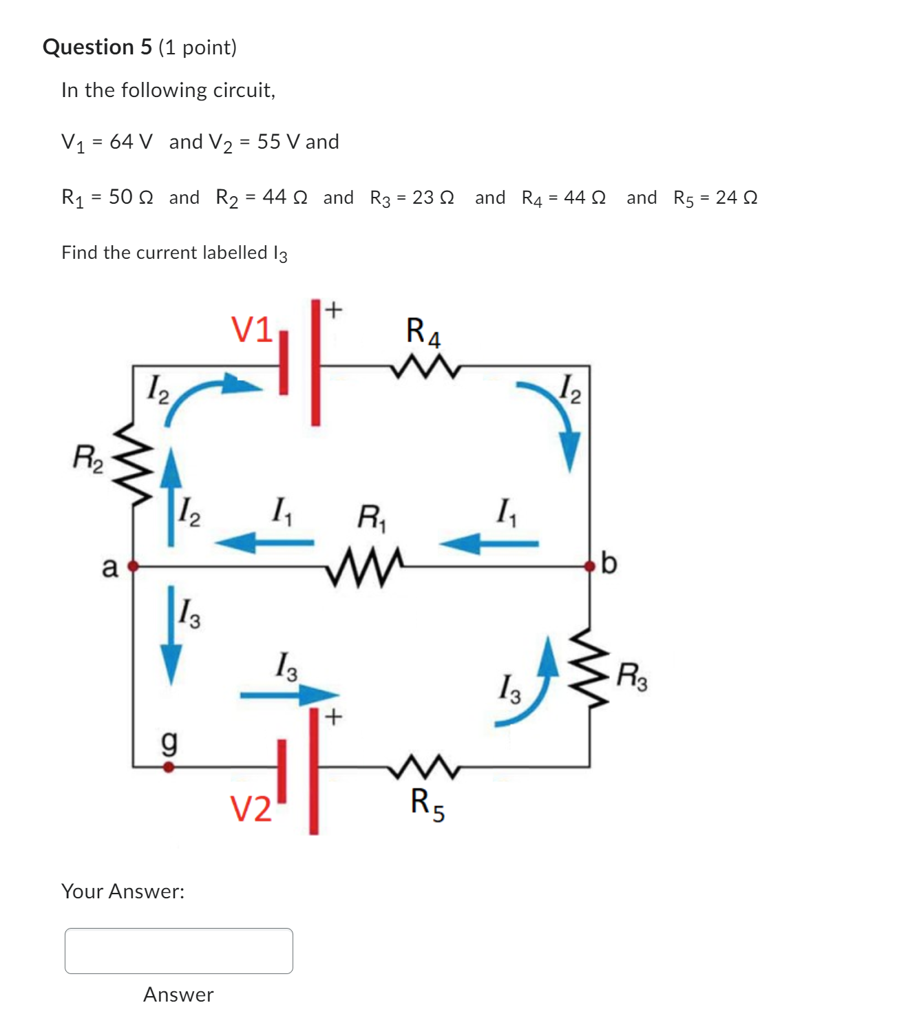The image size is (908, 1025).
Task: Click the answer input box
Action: pos(178,950)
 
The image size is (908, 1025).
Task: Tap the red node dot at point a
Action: pos(134,566)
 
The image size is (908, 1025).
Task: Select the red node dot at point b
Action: pos(589,566)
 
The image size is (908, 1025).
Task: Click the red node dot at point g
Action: pos(168,766)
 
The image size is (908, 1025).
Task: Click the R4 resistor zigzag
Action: pos(425,367)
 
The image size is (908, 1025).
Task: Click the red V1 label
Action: pos(252,329)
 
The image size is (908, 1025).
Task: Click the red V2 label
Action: pos(251,808)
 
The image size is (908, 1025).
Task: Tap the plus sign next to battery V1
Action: pos(333,310)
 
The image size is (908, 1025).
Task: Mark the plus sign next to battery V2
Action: pos(333,717)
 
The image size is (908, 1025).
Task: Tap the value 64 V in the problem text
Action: pos(131,142)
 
